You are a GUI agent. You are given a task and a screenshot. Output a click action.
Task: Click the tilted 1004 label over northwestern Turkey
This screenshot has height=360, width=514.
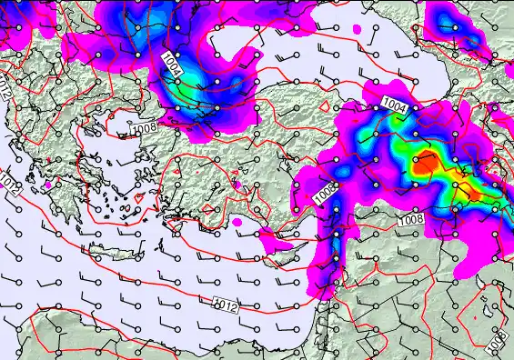tap(173, 65)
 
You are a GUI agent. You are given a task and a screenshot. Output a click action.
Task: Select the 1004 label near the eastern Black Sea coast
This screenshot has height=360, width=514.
tap(394, 105)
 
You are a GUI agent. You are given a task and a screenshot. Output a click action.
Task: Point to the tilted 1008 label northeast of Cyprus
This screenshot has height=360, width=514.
tap(325, 192)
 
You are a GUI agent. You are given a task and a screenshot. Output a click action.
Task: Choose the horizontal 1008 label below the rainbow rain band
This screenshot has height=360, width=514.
tap(411, 220)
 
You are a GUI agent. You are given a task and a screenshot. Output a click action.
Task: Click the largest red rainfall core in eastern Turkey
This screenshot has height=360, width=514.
tap(426, 165)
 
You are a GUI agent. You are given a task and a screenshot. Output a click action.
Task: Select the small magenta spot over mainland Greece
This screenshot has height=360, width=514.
tap(46, 185)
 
